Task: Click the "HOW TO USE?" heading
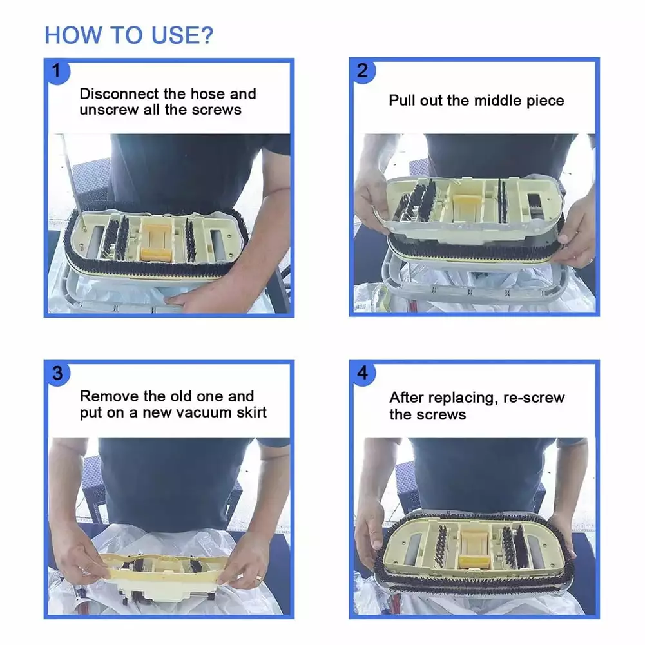129,35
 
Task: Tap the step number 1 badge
57,72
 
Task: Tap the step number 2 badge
362,71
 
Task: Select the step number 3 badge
57,374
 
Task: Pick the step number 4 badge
362,373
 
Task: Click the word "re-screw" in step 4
534,398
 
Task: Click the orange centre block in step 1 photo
157,242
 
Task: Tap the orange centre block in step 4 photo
474,549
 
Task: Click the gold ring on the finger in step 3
258,579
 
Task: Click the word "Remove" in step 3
110,396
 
